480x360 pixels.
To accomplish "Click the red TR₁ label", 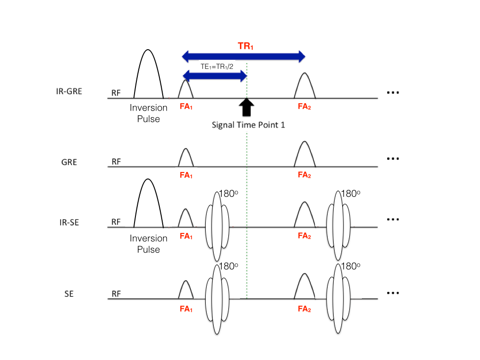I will pyautogui.click(x=244, y=46).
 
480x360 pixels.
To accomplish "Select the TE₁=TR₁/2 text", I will pyautogui.click(x=214, y=67).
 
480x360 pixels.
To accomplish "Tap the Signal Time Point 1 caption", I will pyautogui.click(x=248, y=125).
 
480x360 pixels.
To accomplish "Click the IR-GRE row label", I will pyautogui.click(x=68, y=91).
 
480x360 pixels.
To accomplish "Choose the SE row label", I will pyautogui.click(x=69, y=294).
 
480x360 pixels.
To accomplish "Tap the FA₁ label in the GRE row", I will pyautogui.click(x=186, y=176).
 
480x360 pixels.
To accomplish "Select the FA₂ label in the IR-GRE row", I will pyautogui.click(x=304, y=106).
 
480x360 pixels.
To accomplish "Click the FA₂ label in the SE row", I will pyautogui.click(x=304, y=309).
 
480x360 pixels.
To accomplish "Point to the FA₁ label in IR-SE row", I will pyautogui.click(x=186, y=236).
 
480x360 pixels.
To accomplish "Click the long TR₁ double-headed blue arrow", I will pyautogui.click(x=244, y=57).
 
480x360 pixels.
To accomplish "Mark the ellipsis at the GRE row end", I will pyautogui.click(x=392, y=159).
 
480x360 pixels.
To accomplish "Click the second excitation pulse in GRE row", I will pyautogui.click(x=305, y=155).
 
